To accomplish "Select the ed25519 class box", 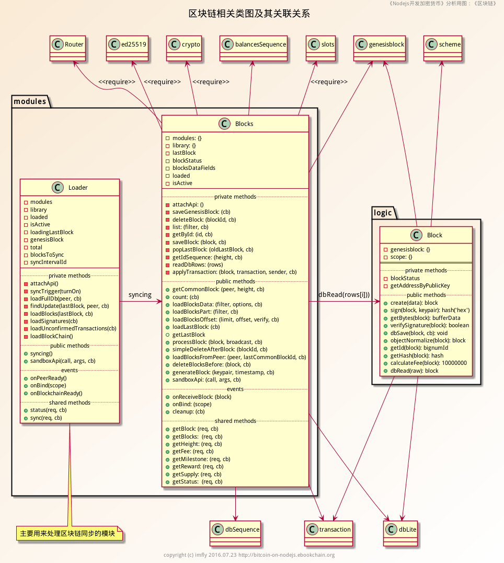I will pyautogui.click(x=127, y=44).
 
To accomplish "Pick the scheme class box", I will pyautogui.click(x=443, y=44).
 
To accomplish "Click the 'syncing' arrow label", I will pyautogui.click(x=140, y=295).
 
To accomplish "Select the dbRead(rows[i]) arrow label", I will pyautogui.click(x=343, y=295).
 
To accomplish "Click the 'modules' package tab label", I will pyautogui.click(x=30, y=101).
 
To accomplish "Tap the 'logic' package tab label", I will pyautogui.click(x=384, y=212).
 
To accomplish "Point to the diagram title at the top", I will pyautogui.click(x=249, y=14).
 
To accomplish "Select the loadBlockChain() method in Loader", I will pyautogui.click(x=52, y=336).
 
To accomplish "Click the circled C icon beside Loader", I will pyautogui.click(x=58, y=187).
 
